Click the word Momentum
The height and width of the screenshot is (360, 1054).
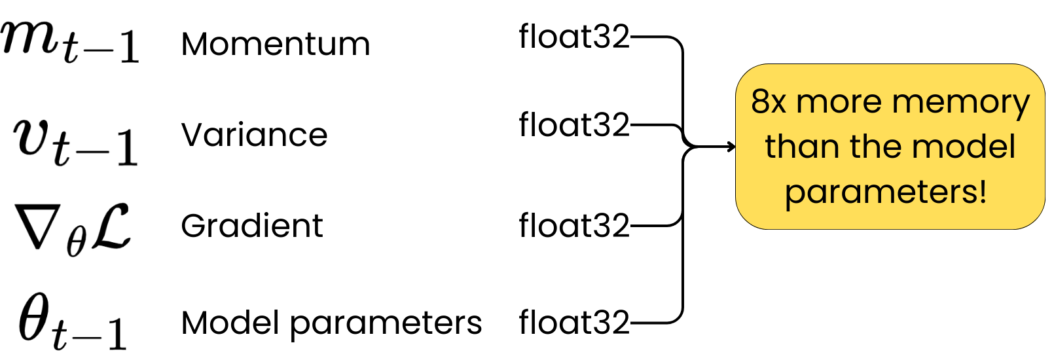[x=275, y=45]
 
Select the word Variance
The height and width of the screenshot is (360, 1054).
[x=254, y=135]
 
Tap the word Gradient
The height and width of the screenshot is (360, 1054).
[x=251, y=226]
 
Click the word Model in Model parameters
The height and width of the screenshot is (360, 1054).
[x=231, y=323]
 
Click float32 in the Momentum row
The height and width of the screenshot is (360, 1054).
[x=573, y=37]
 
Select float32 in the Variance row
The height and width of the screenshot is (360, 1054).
[x=573, y=124]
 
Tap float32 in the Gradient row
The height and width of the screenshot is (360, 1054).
[x=573, y=226]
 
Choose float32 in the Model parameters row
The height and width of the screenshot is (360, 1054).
[x=573, y=323]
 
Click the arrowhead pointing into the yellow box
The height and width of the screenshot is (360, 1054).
[x=731, y=147]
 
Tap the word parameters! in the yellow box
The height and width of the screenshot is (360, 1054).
[x=886, y=192]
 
